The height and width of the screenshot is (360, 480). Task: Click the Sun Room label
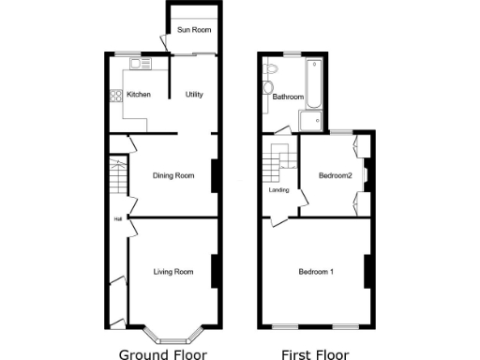click(x=193, y=32)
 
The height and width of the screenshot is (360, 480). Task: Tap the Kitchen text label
click(x=139, y=95)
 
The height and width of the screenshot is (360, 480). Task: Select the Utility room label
click(x=194, y=95)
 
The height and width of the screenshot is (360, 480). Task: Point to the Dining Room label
click(x=173, y=175)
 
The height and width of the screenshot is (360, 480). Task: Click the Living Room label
click(x=173, y=272)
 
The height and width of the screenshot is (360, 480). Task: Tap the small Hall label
click(x=118, y=219)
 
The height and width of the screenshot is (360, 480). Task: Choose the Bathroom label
click(x=287, y=97)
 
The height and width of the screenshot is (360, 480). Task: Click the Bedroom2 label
click(x=335, y=175)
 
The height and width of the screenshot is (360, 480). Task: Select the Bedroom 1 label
click(x=316, y=272)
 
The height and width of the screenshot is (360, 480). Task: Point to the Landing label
click(x=278, y=190)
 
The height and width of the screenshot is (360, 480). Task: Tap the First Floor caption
click(x=315, y=354)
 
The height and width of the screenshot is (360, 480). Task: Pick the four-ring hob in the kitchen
click(x=116, y=95)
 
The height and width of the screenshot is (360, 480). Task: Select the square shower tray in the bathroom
click(x=311, y=119)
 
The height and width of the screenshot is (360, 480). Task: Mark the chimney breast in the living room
click(x=215, y=271)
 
